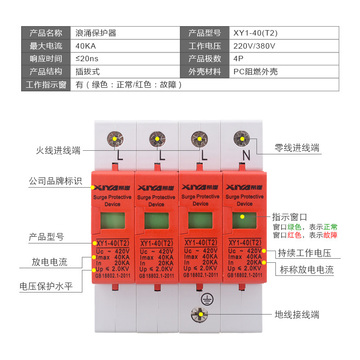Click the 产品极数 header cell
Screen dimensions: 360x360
pos(205,59)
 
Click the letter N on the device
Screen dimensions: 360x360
pos(246,156)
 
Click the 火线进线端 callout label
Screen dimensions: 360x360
pos(58,151)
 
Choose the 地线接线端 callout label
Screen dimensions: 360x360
pos(297,315)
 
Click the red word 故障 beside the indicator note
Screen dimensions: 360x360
pos(330,235)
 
